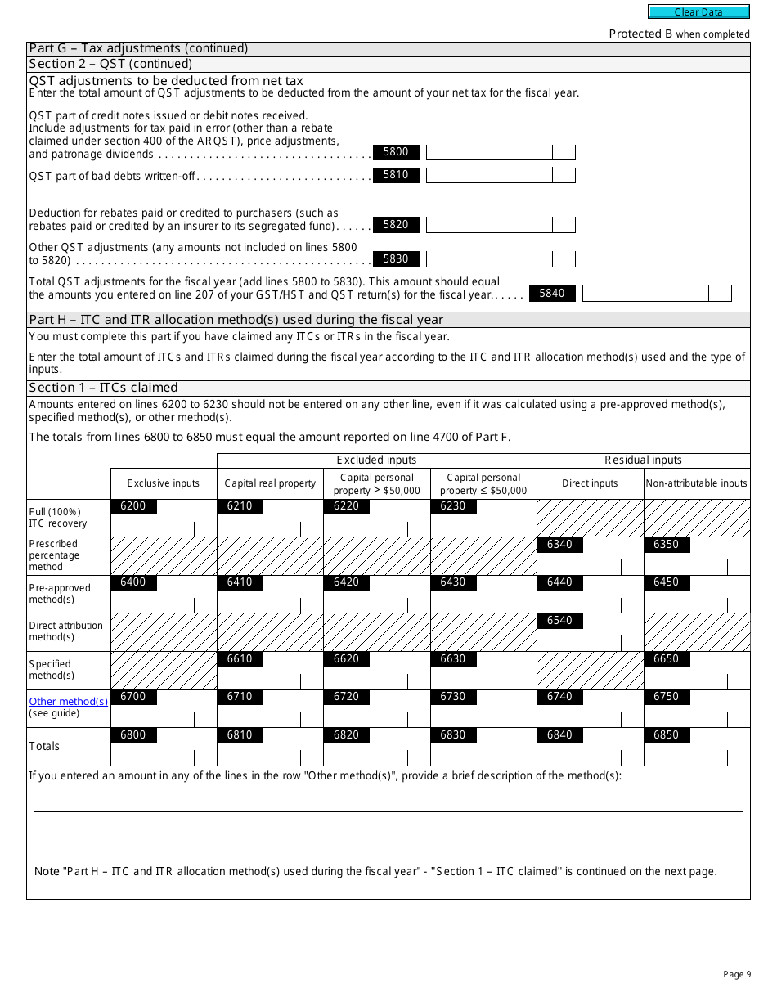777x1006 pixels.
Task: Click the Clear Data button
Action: pos(698,11)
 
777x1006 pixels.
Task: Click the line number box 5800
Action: pos(396,152)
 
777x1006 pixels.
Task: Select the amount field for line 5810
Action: pos(489,175)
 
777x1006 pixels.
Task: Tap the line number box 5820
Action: pos(396,225)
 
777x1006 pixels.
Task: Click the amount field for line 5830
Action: pos(489,259)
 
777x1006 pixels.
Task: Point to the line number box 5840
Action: pos(552,294)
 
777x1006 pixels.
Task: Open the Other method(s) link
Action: pos(68,702)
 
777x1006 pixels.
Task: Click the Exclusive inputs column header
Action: pos(164,483)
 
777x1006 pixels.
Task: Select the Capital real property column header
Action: pos(270,483)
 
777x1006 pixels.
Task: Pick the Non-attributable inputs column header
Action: pos(696,483)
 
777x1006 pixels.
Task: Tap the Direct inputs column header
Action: pos(590,483)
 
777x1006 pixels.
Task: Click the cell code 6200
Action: pos(132,506)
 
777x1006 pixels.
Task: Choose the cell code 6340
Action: pos(559,545)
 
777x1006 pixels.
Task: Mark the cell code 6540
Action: pos(559,621)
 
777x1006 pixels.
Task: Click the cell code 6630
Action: pos(453,659)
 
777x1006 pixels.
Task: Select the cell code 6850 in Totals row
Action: pos(666,735)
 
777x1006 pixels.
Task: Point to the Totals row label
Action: pos(44,746)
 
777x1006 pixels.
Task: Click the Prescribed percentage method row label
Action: pos(54,555)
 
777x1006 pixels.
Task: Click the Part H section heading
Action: pos(236,320)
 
